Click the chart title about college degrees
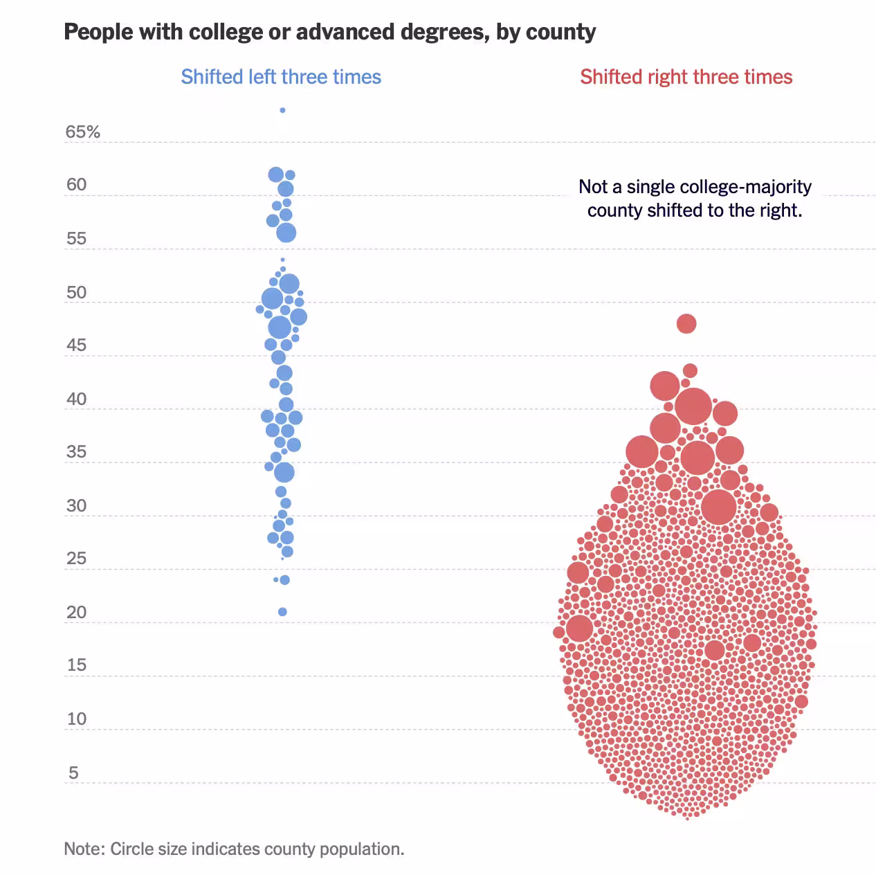tap(329, 32)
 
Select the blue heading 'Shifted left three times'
tap(281, 77)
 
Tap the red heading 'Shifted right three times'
tap(686, 77)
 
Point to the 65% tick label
tap(82, 132)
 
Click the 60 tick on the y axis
tap(76, 185)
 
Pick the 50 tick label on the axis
tap(76, 292)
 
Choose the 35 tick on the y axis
tap(76, 452)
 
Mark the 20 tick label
tap(76, 613)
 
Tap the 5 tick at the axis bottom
tap(73, 773)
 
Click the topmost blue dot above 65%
tap(282, 110)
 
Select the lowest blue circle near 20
tap(282, 612)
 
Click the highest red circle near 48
tap(686, 323)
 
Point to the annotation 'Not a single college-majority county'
tap(695, 198)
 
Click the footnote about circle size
tap(234, 849)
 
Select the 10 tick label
tap(76, 719)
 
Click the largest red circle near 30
tap(719, 507)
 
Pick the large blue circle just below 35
tap(284, 473)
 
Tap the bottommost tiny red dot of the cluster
tap(688, 818)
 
